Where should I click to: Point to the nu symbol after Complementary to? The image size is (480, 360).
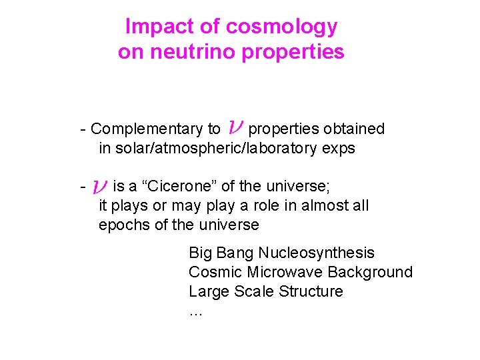click(235, 127)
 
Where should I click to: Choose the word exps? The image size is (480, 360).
click(337, 148)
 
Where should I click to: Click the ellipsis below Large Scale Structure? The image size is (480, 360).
click(195, 311)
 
